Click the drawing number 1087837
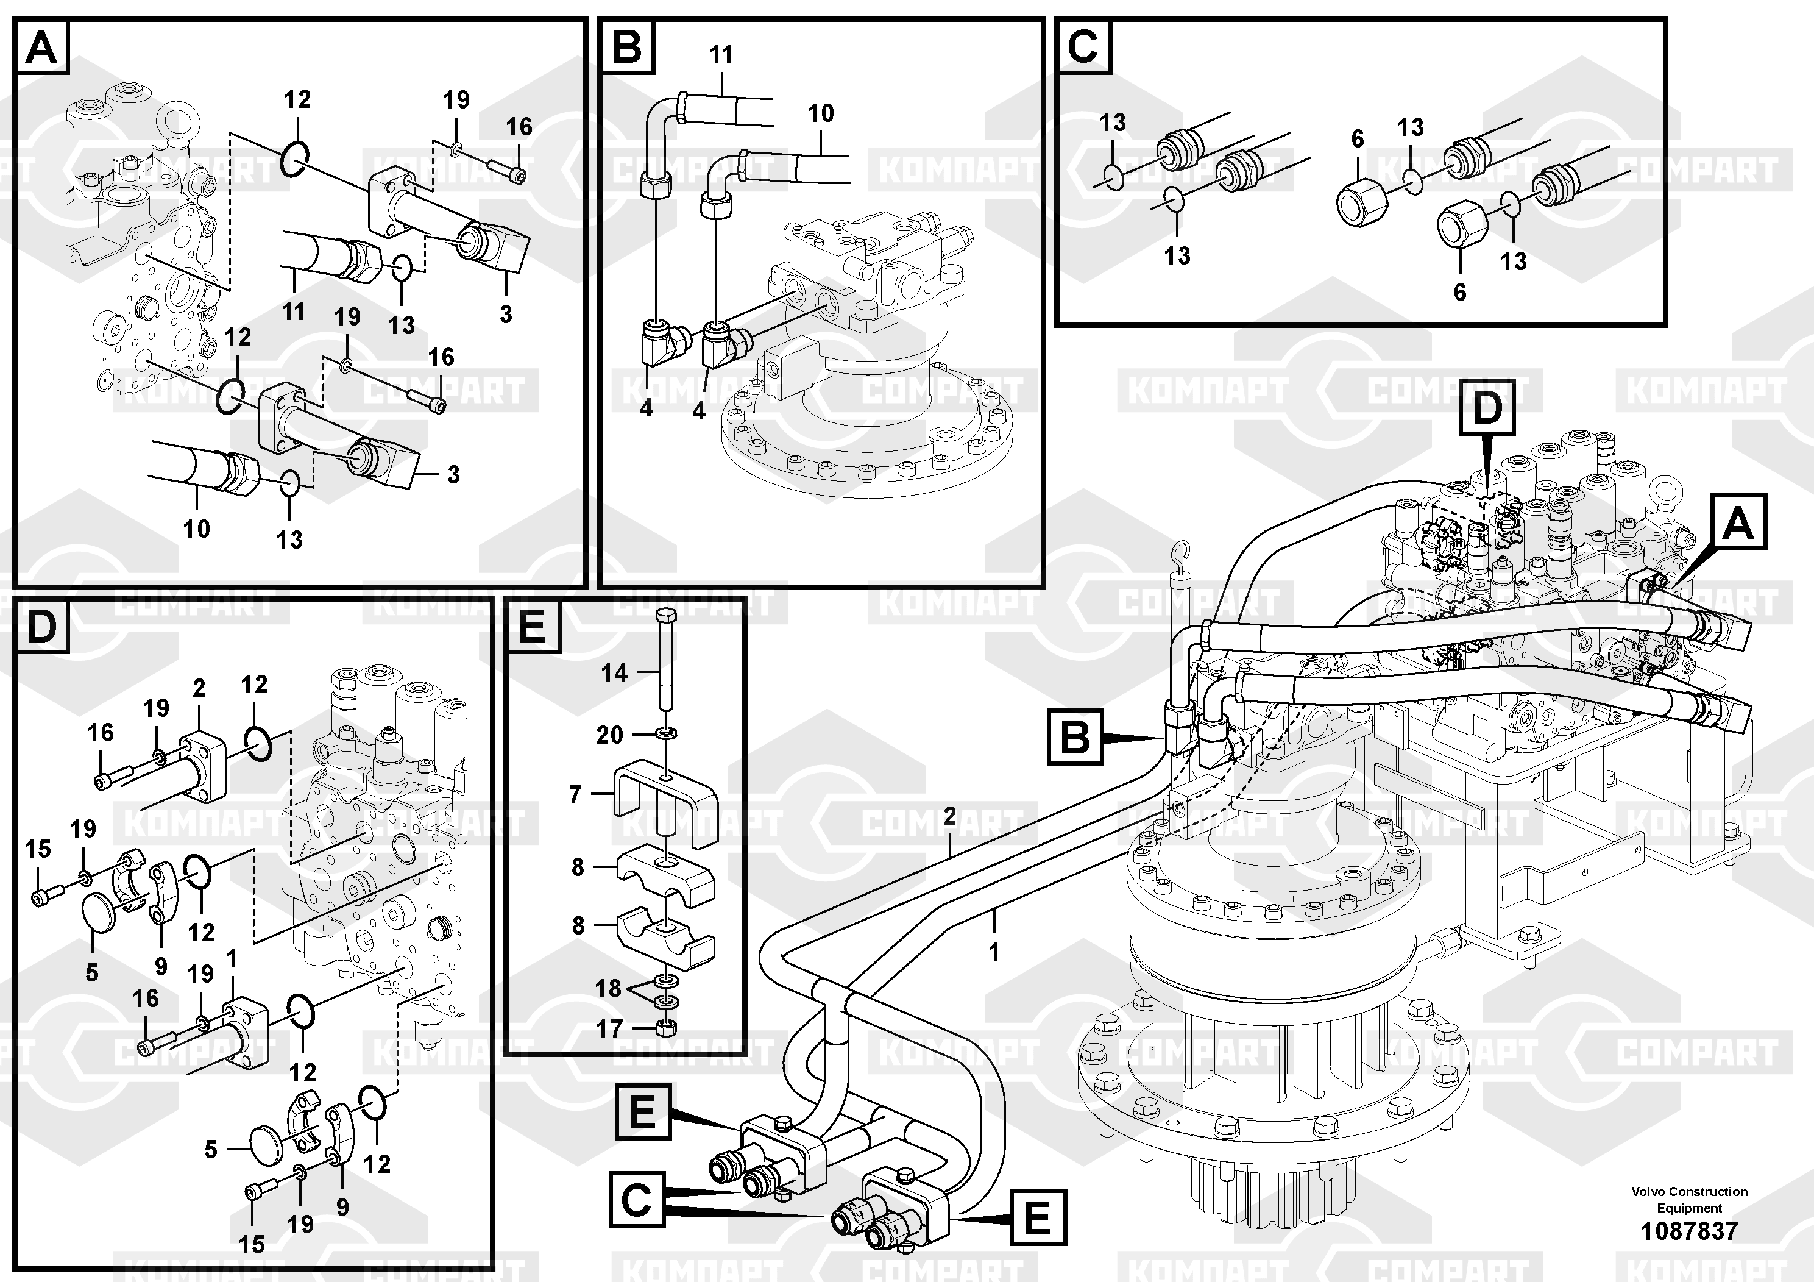[x=1689, y=1231]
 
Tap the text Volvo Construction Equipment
[x=1689, y=1199]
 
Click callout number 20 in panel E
[x=609, y=735]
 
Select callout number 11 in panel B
[x=721, y=54]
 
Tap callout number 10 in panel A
[x=196, y=528]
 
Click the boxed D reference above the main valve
[x=1487, y=408]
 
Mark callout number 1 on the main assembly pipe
[x=994, y=952]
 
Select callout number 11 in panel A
[x=293, y=312]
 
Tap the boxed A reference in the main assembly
[x=1738, y=522]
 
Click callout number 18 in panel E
[x=608, y=988]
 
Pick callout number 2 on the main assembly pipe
[x=950, y=816]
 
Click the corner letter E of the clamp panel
[x=533, y=627]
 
